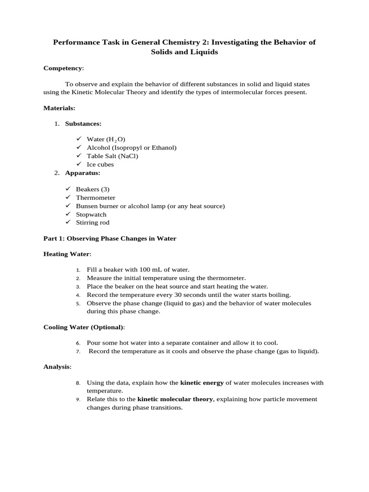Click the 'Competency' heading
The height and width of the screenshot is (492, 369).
63,68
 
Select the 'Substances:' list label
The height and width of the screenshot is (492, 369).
83,123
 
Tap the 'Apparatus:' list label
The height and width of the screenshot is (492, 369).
83,172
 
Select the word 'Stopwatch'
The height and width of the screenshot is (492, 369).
91,214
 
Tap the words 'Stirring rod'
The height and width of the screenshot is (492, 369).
93,222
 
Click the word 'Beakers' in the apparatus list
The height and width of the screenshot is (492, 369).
87,189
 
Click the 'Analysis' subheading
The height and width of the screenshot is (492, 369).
57,367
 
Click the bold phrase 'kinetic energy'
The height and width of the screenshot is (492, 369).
202,383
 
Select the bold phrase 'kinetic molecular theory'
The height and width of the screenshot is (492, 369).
175,399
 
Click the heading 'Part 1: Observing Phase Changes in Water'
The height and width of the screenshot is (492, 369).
110,238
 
